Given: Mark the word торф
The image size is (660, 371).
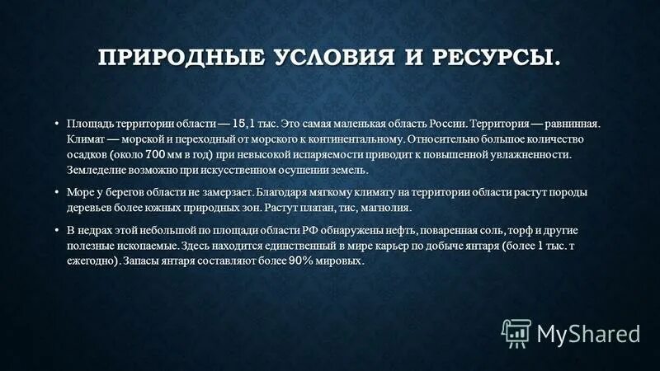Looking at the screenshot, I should coord(516,230).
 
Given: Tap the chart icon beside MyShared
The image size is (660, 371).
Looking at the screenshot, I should coord(516,332).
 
